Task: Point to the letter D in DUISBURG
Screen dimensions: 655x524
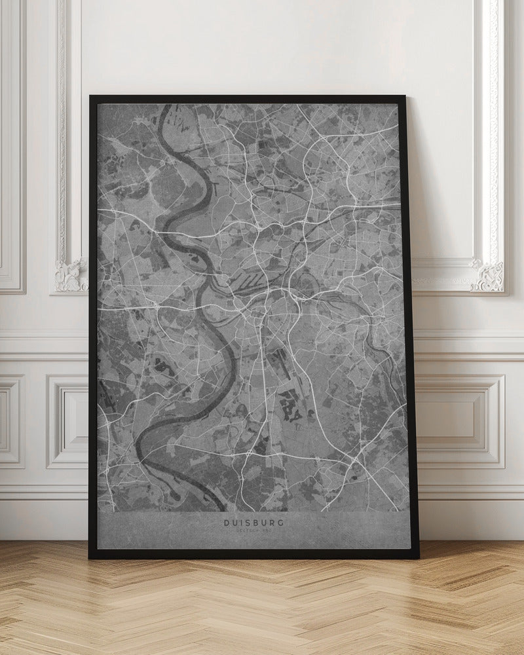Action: pos(227,523)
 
